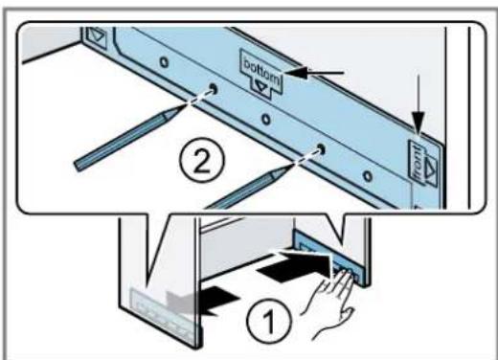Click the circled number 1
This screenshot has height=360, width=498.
268,320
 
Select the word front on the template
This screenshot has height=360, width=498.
418,161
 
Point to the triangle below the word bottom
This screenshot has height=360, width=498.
261,86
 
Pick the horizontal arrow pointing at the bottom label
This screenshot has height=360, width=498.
314,73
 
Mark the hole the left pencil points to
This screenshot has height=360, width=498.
213,88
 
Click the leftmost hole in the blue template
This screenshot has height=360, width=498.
164,62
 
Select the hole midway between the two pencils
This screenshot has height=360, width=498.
265,120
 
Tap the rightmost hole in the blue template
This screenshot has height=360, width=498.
368,176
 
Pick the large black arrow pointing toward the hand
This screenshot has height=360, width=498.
295,264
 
